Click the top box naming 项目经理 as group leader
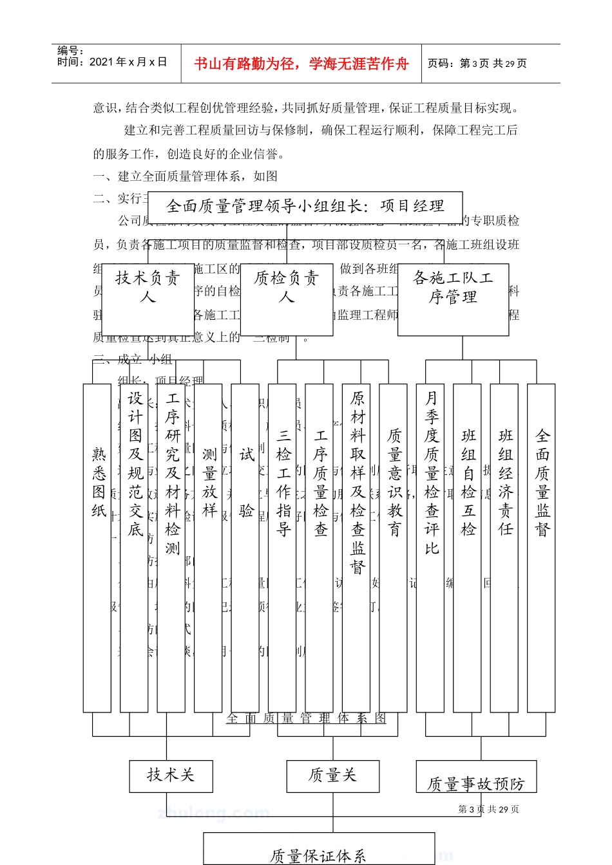(305, 207)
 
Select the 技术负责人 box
(148, 299)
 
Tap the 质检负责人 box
(287, 299)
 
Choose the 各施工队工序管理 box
(453, 299)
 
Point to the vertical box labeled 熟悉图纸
(97, 548)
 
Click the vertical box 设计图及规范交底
(134, 548)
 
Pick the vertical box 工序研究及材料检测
(171, 548)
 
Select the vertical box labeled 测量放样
(208, 548)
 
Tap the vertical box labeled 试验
(245, 548)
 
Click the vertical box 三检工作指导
(282, 548)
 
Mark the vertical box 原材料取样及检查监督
(356, 548)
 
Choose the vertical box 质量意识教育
(393, 548)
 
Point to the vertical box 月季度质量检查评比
(430, 548)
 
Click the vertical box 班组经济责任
(504, 548)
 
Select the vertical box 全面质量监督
(541, 548)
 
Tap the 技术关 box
(171, 776)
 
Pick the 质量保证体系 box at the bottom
(319, 850)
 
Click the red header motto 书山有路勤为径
(301, 64)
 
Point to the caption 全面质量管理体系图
(307, 718)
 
